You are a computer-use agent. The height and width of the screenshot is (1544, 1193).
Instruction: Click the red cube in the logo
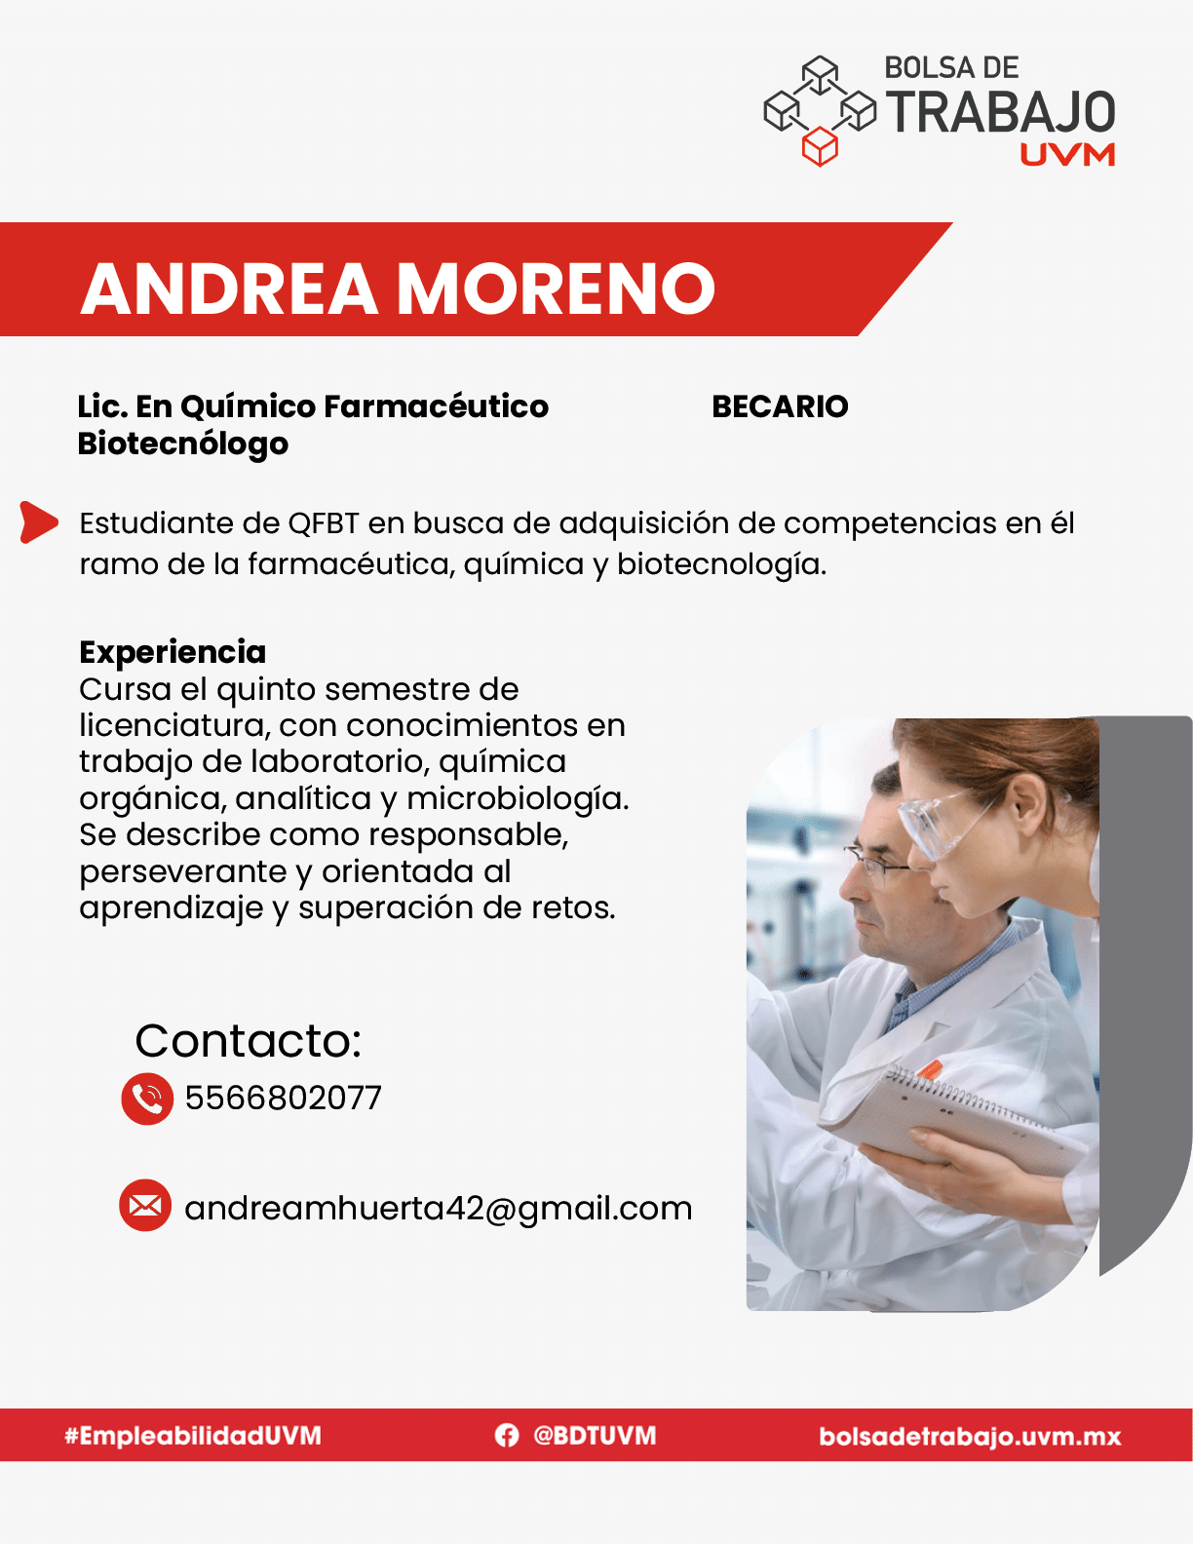coord(820,146)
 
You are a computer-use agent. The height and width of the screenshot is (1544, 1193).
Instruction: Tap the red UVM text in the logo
coord(1067,155)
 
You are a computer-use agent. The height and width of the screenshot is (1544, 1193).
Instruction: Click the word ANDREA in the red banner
coord(229,289)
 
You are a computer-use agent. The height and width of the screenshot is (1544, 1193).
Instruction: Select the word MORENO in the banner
coord(556,289)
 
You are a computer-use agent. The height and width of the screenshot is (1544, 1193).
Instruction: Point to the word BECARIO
coord(780,407)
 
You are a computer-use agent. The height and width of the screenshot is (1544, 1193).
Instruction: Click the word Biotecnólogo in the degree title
coord(182,444)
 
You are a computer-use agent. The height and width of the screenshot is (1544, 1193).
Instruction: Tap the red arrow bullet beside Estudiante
coord(38,522)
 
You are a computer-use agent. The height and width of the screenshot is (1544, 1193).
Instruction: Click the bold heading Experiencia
coord(173,652)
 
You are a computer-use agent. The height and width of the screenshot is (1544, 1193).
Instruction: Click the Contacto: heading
coord(248,1041)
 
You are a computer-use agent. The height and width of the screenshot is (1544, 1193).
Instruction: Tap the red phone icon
coord(147,1099)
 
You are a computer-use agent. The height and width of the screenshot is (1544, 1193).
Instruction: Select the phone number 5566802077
coord(284,1098)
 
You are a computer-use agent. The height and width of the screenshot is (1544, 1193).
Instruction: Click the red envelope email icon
coord(145,1206)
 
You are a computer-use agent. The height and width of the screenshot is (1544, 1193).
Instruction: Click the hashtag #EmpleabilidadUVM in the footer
coord(193,1436)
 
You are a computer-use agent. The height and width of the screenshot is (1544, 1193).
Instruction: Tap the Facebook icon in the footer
coord(507,1436)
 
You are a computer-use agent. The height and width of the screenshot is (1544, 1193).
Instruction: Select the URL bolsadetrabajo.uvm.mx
coord(970,1437)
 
